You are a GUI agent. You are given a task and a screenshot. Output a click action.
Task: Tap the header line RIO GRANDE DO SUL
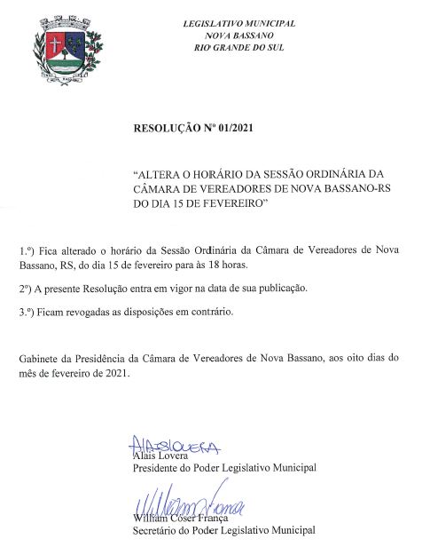pyautogui.click(x=238, y=47)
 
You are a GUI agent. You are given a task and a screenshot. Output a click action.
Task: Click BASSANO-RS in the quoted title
pyautogui.click(x=352, y=188)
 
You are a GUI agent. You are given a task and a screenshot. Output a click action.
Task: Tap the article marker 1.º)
pyautogui.click(x=28, y=251)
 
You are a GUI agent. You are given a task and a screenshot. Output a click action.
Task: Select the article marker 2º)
pyautogui.click(x=27, y=289)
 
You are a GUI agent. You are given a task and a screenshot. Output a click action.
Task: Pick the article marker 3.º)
pyautogui.click(x=29, y=312)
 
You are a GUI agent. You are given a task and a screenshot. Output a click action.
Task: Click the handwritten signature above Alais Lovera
pyautogui.click(x=173, y=445)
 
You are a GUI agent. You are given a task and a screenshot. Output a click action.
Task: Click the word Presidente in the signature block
pyautogui.click(x=158, y=468)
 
